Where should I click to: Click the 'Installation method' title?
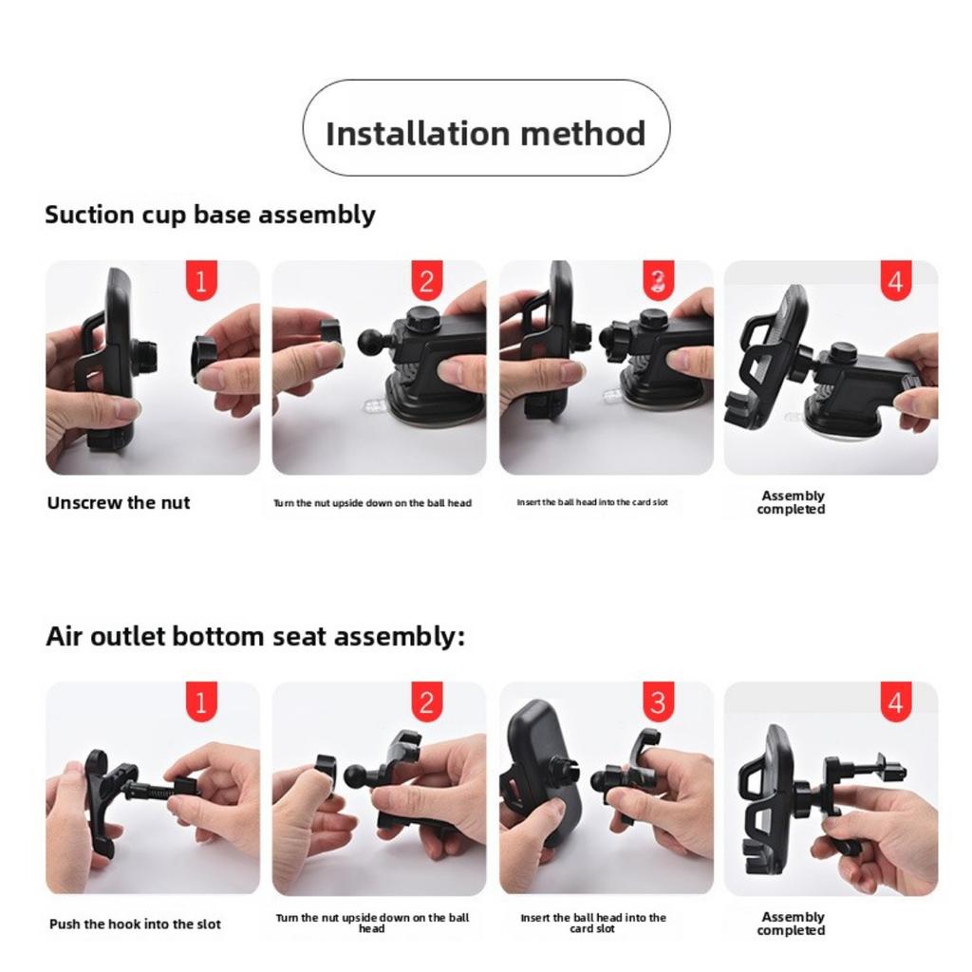(485, 132)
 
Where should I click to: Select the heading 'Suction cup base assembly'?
(210, 215)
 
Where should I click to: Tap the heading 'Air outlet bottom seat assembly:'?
(255, 636)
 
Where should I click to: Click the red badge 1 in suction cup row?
(201, 282)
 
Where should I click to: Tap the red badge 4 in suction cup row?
(896, 282)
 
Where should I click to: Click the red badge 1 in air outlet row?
(201, 703)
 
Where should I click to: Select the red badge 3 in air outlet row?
(658, 703)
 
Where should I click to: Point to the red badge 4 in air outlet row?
(896, 703)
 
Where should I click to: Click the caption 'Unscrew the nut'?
(119, 503)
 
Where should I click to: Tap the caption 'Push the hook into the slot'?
(135, 925)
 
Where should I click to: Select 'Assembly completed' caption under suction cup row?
(793, 502)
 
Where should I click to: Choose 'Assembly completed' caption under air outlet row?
(793, 924)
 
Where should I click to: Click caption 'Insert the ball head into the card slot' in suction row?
(591, 502)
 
